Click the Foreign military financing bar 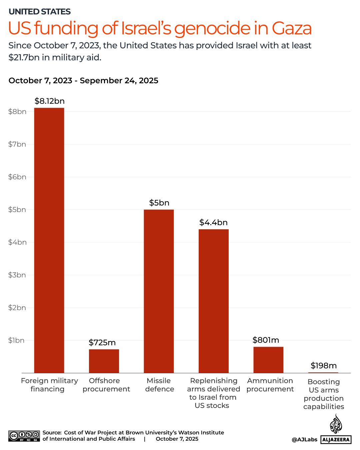click(49, 240)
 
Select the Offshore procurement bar click(104, 361)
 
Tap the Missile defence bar click(159, 291)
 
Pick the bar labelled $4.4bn click(213, 301)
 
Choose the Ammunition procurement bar click(268, 360)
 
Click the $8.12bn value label click(49, 101)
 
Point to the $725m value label click(102, 342)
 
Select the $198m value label click(323, 366)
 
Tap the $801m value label click(266, 340)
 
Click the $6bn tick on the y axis click(17, 177)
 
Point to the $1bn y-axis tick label click(17, 340)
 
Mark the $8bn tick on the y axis click(17, 112)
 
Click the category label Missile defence click(159, 385)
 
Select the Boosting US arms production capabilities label click(323, 394)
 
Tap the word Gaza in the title click(292, 28)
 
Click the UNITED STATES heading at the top click(40, 12)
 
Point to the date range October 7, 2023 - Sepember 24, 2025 click(83, 81)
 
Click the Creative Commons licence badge click(24, 436)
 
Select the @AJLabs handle click(304, 440)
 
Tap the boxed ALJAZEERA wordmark click(336, 440)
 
